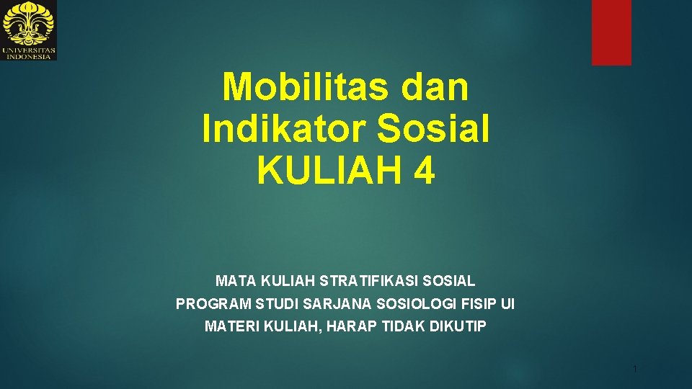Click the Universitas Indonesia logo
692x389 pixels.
[29, 30]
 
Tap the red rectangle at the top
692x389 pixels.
[611, 32]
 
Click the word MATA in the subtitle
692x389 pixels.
[235, 280]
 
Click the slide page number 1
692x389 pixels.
[634, 370]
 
